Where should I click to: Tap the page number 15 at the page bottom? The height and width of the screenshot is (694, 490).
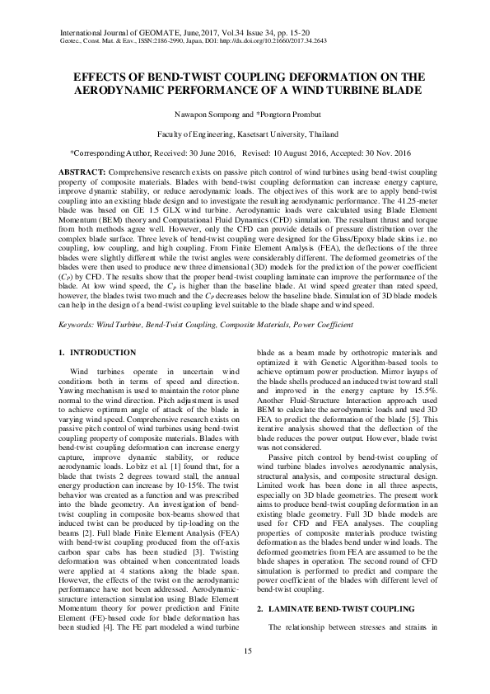click(x=245, y=652)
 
